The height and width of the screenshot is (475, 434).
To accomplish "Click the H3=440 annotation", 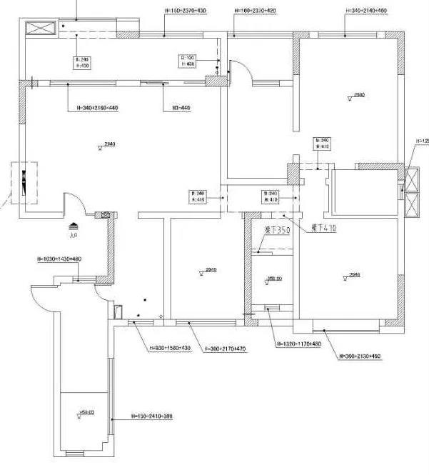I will click(x=181, y=108).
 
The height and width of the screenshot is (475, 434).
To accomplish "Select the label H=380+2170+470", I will click(x=225, y=349).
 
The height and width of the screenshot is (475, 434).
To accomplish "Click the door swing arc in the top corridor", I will click(x=241, y=72).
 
